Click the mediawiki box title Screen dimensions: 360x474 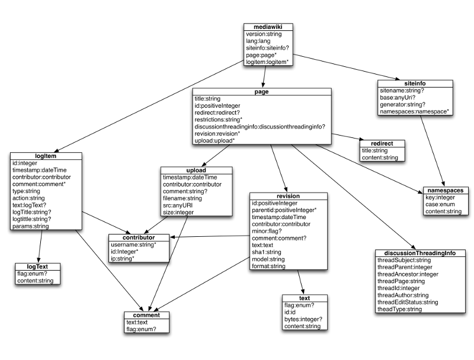click(268, 27)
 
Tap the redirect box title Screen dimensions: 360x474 click(382, 143)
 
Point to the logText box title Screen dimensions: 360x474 click(39, 266)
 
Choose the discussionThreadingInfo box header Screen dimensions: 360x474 click(420, 253)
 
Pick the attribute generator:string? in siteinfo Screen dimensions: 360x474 click(405, 104)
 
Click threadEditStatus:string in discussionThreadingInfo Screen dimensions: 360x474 click(407, 302)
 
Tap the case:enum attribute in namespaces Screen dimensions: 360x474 click(439, 204)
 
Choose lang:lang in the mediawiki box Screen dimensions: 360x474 click(258, 41)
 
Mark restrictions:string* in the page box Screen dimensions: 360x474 click(218, 120)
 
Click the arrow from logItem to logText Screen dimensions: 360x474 click(40, 246)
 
